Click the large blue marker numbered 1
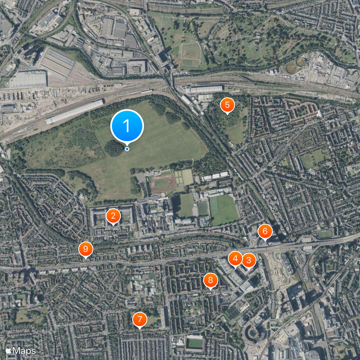click(127, 126)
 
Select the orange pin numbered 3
click(248, 260)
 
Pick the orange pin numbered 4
click(235, 259)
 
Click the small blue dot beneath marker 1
click(127, 149)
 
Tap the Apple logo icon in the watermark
click(9, 350)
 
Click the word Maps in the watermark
click(24, 350)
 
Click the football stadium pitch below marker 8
click(194, 343)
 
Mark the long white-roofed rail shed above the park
click(75, 112)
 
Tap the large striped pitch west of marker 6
click(224, 209)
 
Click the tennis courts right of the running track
click(184, 177)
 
